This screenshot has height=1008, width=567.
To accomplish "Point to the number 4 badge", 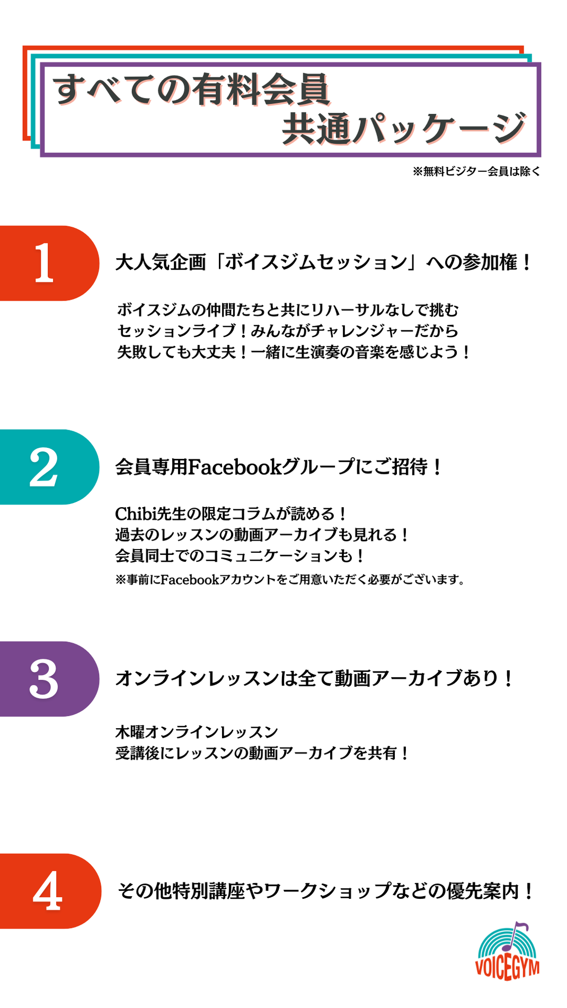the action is coord(50,891).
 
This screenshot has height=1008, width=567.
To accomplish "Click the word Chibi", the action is coord(133,514).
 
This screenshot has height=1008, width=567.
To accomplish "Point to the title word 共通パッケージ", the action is coord(404,128).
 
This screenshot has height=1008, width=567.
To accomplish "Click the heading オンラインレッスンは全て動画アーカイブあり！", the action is coord(315,678).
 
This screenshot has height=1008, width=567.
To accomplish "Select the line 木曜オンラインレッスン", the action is coord(197,732).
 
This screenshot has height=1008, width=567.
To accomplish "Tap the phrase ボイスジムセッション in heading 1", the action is coord(316,262).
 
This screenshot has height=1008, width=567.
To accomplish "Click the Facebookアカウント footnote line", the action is coord(290,579).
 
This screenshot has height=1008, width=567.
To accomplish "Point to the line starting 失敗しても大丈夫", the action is coord(294,352).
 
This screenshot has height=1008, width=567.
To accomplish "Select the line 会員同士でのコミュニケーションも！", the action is coord(240,555).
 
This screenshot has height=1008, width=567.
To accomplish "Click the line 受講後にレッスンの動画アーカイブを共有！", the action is coord(262,753).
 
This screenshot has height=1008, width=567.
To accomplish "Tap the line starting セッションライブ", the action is coord(288,331).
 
